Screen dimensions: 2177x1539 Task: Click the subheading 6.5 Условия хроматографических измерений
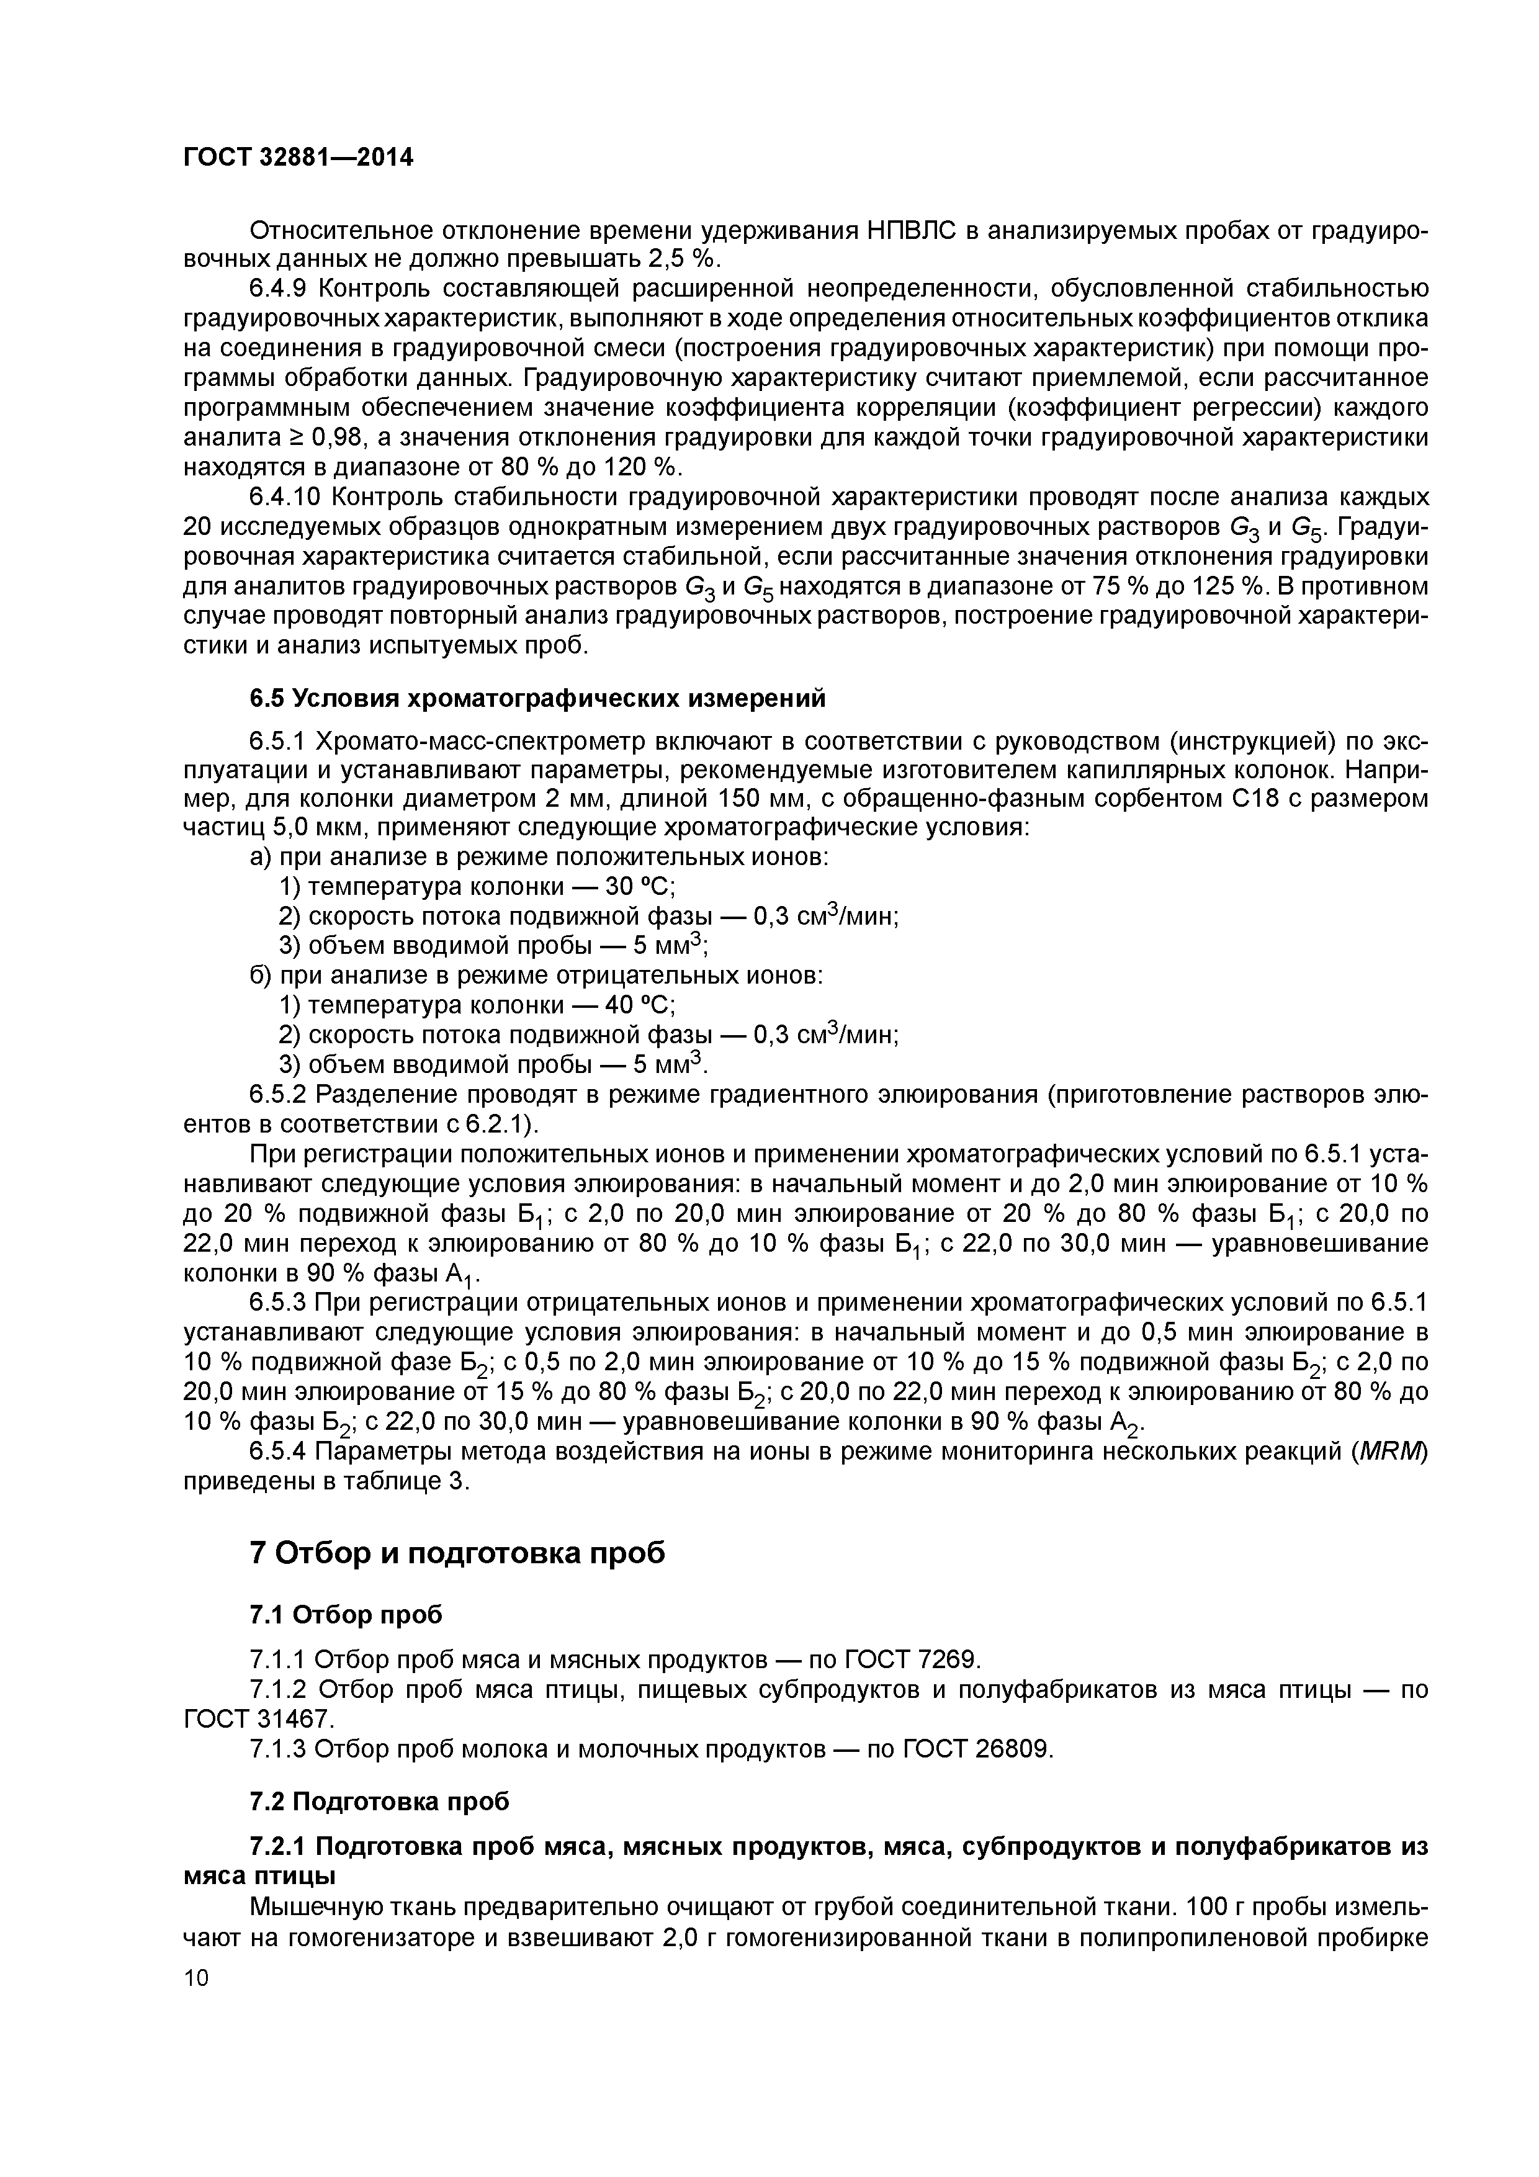[x=537, y=698]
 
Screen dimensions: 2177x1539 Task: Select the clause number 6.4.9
[x=280, y=288]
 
